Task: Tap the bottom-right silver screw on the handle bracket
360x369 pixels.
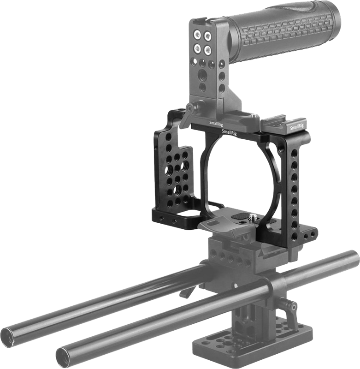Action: pos(208,48)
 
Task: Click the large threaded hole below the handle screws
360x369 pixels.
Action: pos(203,74)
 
